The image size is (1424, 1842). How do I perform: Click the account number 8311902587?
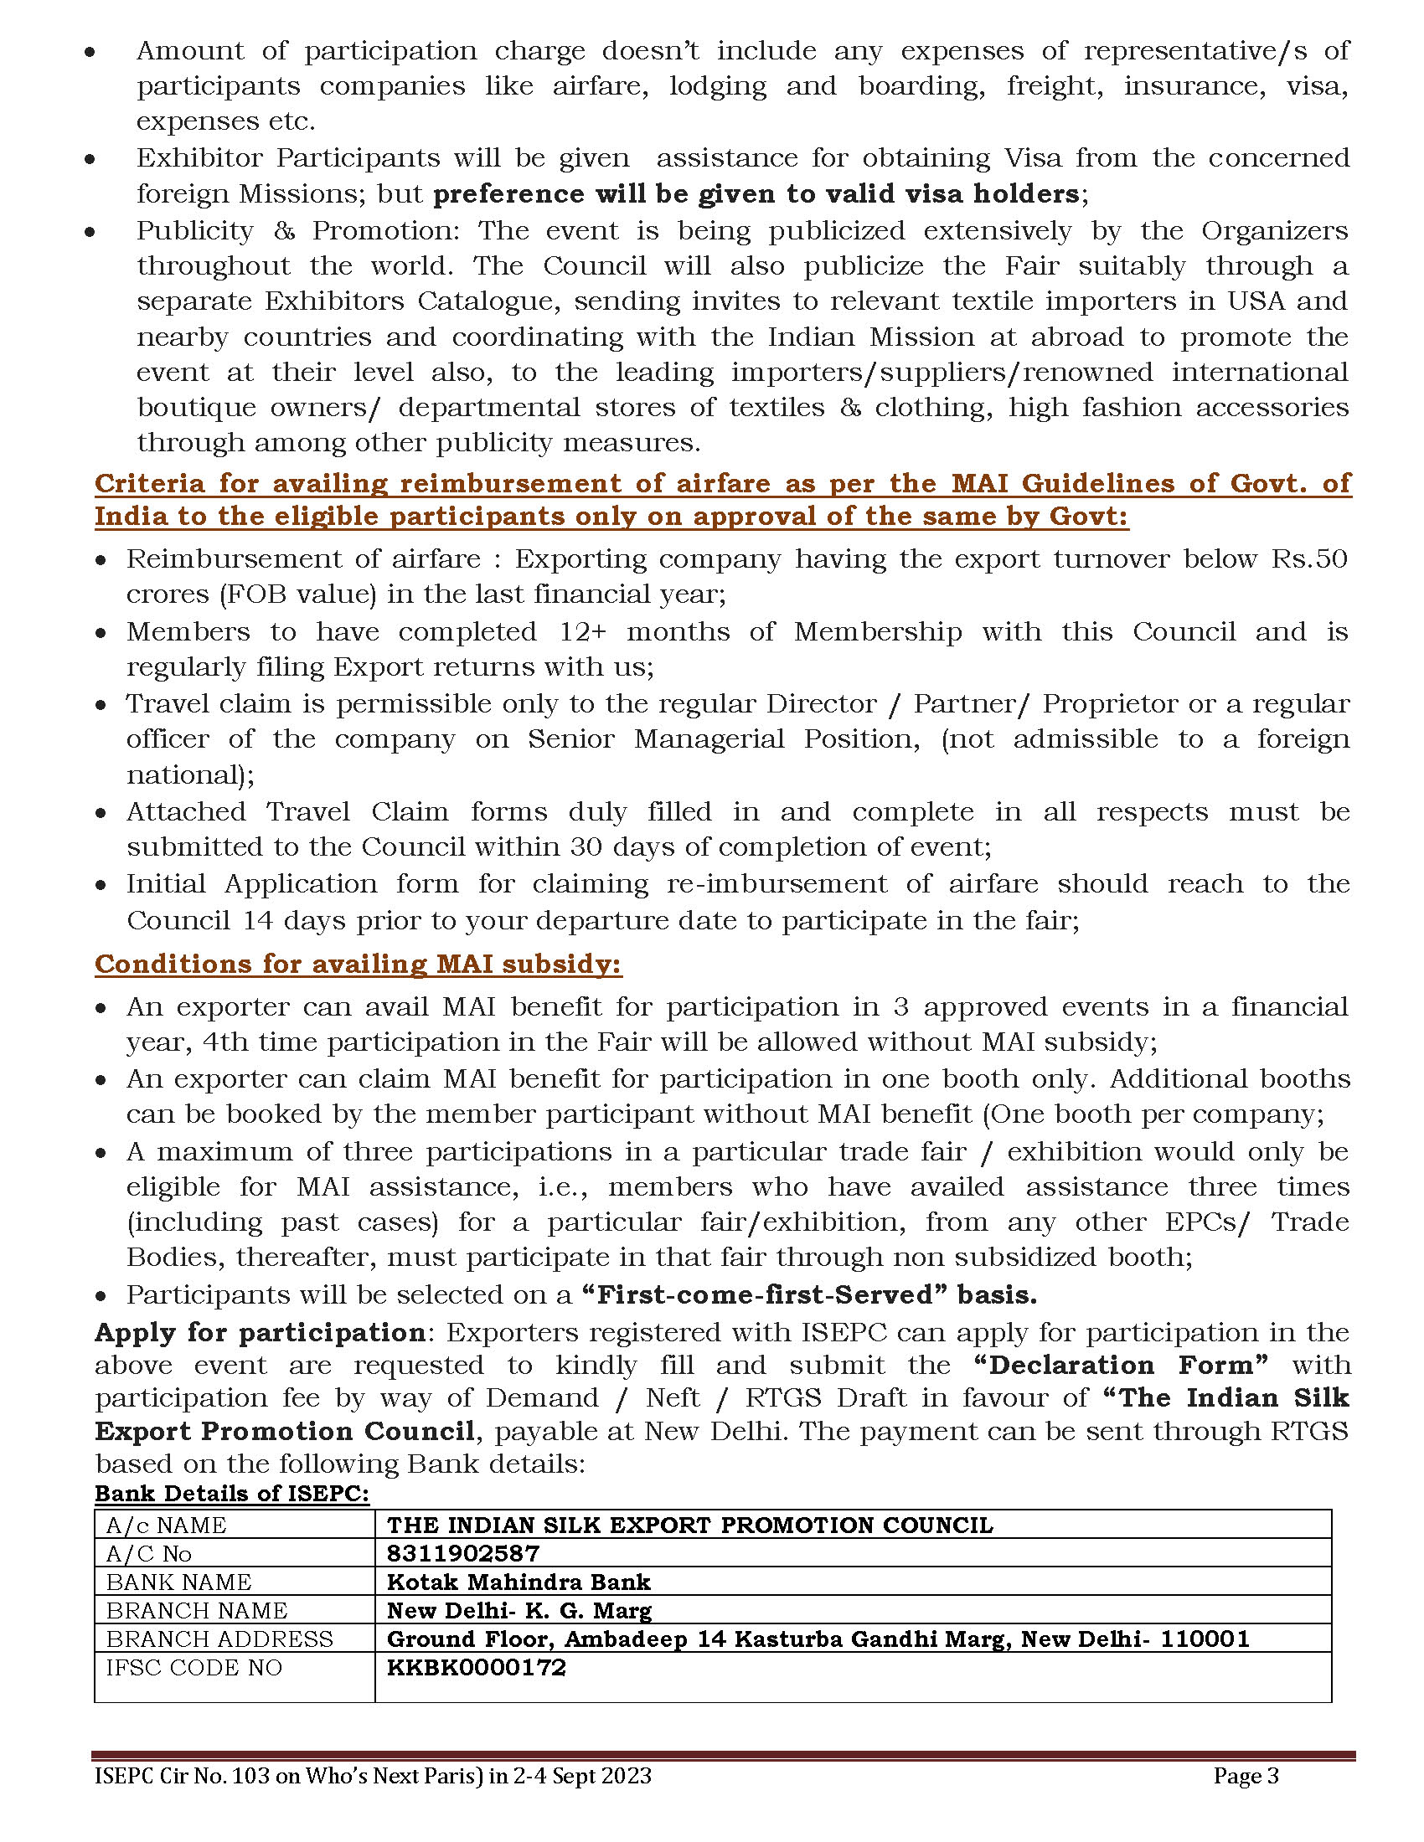[462, 1552]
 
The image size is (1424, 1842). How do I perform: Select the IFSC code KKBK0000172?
[476, 1666]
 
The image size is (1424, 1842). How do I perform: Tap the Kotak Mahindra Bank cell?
[518, 1582]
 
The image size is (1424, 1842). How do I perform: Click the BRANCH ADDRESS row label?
[219, 1639]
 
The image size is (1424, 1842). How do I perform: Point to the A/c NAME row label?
[166, 1525]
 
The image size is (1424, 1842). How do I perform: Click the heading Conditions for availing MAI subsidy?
[358, 964]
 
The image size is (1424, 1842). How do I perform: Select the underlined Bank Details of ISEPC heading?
[231, 1493]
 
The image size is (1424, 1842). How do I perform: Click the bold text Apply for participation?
[260, 1332]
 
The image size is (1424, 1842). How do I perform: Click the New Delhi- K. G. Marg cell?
[518, 1610]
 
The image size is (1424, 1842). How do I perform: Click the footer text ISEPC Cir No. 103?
[181, 1775]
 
